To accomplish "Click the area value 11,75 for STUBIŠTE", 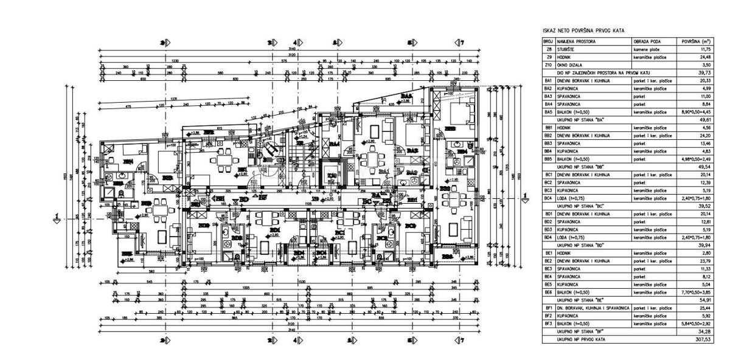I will point(707,49).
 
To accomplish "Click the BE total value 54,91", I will point(707,300).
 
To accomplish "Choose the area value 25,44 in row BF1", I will point(707,308).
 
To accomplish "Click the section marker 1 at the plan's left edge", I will point(57,215).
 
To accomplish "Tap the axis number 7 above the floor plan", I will point(461,43).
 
